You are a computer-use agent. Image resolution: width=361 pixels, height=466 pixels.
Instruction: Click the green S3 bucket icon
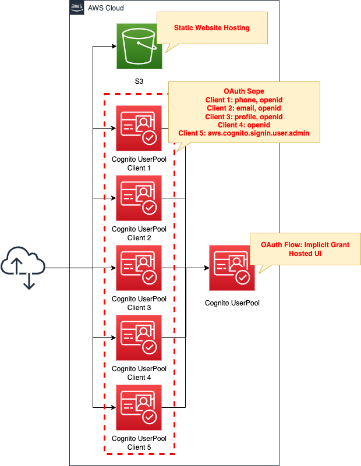[139, 47]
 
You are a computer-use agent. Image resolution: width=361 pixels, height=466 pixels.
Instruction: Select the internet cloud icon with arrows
[23, 268]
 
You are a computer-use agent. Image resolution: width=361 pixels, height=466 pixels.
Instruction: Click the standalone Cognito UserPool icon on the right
[232, 268]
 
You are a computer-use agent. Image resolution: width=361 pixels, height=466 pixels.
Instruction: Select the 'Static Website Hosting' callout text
[212, 28]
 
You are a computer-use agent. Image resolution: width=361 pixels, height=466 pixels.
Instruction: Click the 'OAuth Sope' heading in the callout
[244, 91]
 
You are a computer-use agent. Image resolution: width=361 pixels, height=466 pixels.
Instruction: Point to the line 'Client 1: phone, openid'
[244, 100]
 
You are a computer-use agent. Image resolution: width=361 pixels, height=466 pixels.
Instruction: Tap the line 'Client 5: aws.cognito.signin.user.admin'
[244, 133]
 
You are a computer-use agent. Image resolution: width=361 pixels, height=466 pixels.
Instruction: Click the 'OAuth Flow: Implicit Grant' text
[305, 245]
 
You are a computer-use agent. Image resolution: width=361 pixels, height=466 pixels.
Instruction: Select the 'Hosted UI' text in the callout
[305, 254]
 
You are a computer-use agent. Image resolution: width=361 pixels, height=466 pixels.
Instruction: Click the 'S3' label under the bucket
[139, 81]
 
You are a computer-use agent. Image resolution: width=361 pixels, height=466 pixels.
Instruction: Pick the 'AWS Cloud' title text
[105, 8]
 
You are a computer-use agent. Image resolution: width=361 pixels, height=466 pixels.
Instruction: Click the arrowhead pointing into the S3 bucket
[113, 47]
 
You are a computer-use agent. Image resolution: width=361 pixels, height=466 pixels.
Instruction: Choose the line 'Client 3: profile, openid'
[244, 116]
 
